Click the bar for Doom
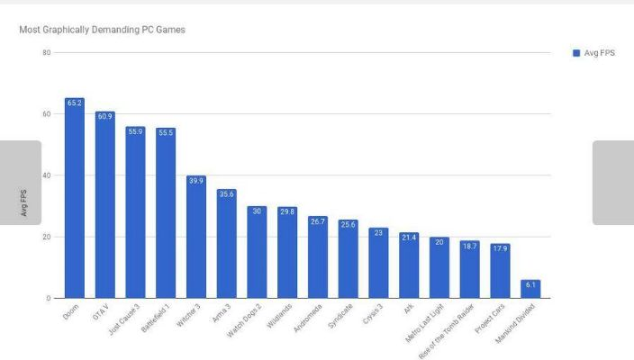tap(75, 198)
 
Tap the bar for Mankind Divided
tap(531, 289)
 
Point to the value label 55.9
tap(135, 131)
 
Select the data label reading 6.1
tap(531, 284)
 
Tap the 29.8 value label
tap(287, 211)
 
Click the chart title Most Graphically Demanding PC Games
tap(102, 31)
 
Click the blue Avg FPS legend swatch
tap(576, 53)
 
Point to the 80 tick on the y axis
tap(46, 53)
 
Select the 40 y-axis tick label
tap(46, 175)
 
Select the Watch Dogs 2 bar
tap(257, 252)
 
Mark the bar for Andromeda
tap(318, 256)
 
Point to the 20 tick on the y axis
tap(46, 237)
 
